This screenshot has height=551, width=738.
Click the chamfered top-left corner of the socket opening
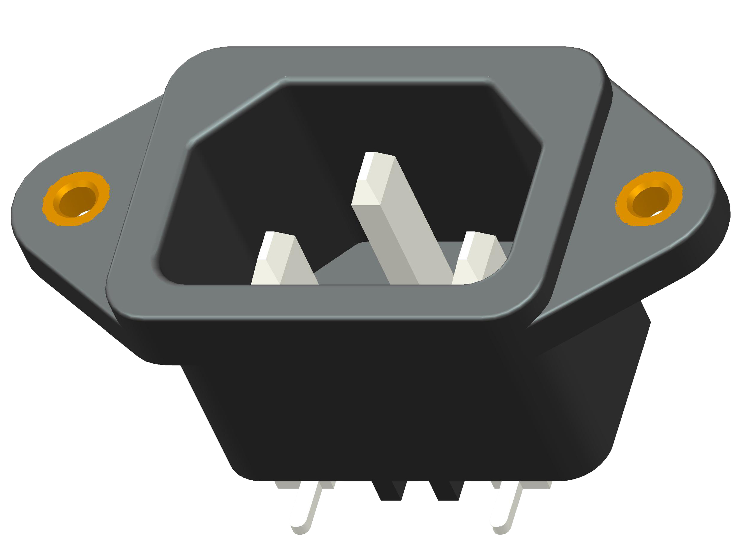click(x=234, y=113)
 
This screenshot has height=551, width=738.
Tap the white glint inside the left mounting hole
click(x=84, y=213)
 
